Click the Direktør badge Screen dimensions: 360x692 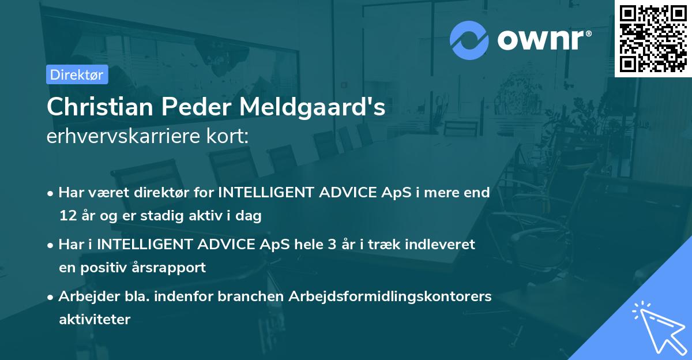point(77,74)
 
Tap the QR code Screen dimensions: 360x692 point(653,38)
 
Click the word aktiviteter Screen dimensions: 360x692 point(95,320)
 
